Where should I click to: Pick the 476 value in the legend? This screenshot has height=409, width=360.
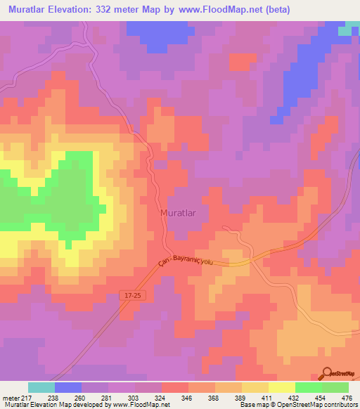348,397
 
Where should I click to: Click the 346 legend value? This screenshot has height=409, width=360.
188,397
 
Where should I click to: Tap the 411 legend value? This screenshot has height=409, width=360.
268,397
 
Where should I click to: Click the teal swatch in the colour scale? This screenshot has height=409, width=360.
41,387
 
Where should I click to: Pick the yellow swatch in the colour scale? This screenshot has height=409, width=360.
281,387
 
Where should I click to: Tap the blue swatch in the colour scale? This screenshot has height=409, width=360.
67,387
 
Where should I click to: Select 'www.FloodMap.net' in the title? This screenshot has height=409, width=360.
214,10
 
